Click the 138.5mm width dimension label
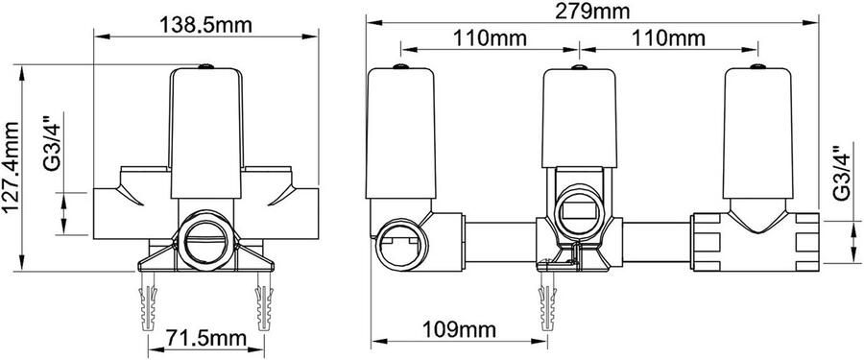coord(205,25)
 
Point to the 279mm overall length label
coord(592,11)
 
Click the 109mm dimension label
coord(459,329)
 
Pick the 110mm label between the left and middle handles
coord(490,38)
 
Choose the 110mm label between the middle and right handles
coord(668,38)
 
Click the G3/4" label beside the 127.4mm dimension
coord(54,142)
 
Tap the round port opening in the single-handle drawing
coord(205,242)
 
